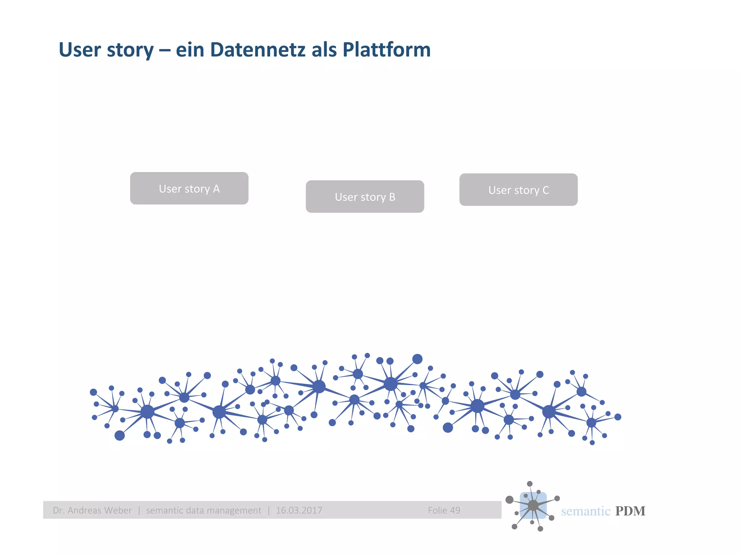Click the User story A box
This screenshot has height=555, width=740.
[189, 188]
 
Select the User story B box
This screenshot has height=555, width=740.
[365, 197]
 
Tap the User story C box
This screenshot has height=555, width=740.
[518, 190]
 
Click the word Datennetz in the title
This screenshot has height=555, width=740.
[258, 50]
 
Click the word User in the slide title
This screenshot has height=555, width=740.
[79, 50]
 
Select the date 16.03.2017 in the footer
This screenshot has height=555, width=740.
[299, 510]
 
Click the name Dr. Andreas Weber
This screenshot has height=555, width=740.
[92, 510]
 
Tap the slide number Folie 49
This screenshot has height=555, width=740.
[444, 510]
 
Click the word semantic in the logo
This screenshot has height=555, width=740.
[585, 511]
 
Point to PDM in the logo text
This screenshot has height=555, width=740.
[630, 511]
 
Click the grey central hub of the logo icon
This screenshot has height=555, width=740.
[533, 505]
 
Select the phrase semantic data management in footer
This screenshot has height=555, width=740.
[203, 510]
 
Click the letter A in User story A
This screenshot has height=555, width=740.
[216, 189]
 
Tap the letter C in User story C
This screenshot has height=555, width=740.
[546, 190]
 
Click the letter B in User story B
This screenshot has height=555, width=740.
[392, 197]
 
